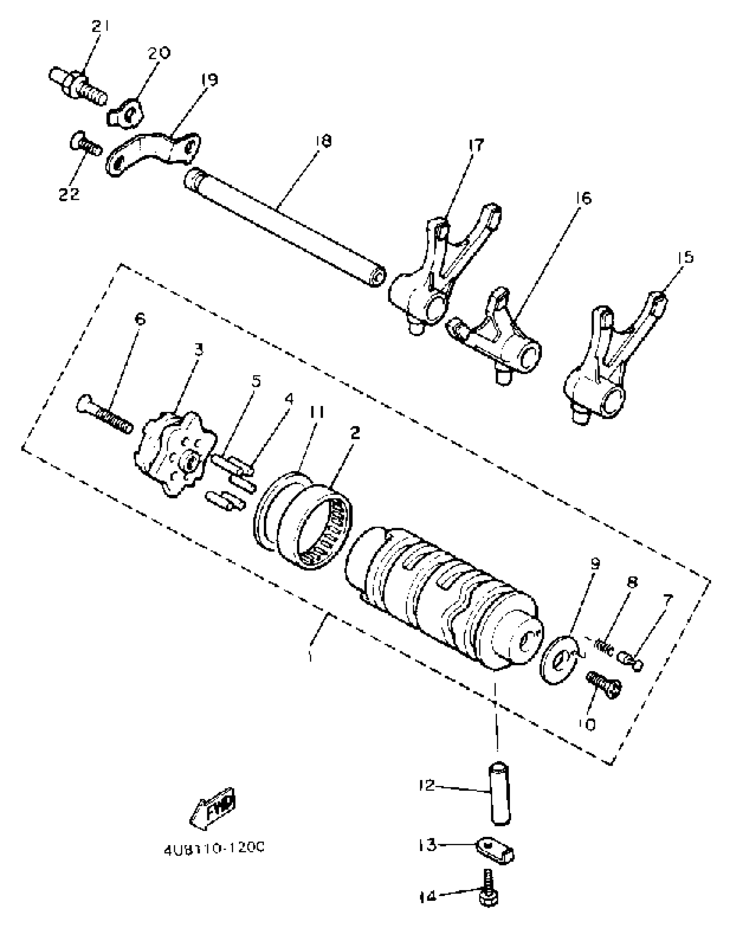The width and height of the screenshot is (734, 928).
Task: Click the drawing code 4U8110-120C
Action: point(214,849)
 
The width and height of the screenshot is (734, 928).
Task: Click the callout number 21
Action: point(100,27)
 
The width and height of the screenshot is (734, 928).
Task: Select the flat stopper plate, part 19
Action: point(153,153)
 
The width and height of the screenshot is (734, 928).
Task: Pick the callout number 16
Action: point(583,198)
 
